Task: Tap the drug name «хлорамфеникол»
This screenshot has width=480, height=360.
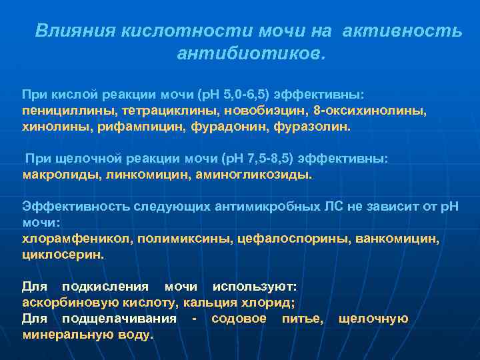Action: pos(68,239)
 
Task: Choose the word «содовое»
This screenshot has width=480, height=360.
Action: pos(239,318)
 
